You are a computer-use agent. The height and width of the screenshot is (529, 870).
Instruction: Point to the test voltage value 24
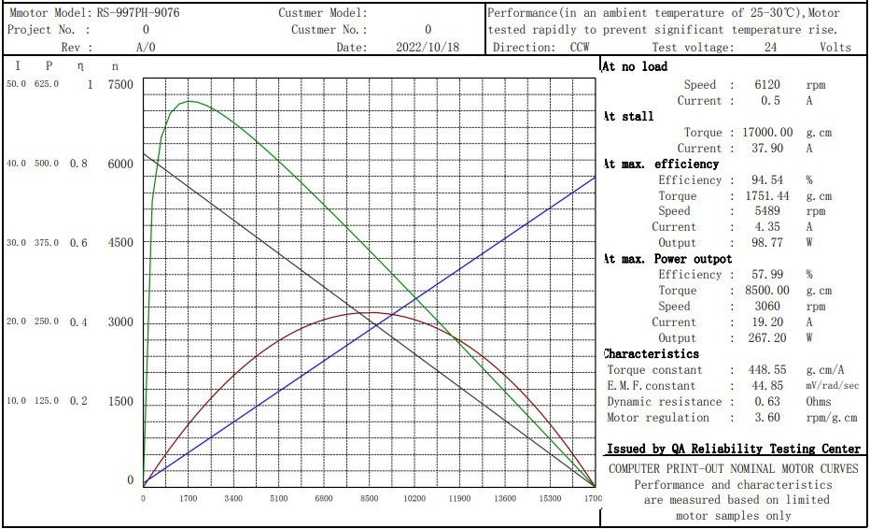pyautogui.click(x=770, y=47)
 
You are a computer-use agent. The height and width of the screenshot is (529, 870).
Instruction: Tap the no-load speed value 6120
pyautogui.click(x=767, y=85)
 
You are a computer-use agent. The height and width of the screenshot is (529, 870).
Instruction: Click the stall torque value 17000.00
pyautogui.click(x=767, y=133)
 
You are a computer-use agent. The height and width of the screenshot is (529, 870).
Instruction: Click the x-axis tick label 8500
pyautogui.click(x=369, y=499)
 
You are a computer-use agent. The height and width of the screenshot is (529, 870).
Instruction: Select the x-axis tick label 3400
pyautogui.click(x=233, y=499)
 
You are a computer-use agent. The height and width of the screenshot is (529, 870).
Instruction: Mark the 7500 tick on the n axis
pyautogui.click(x=120, y=85)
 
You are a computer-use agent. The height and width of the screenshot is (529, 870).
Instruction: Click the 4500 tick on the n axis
pyautogui.click(x=120, y=243)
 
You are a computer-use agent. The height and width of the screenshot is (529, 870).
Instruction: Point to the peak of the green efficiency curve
pyautogui.click(x=189, y=101)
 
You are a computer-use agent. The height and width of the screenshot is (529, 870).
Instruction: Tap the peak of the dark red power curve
pyautogui.click(x=371, y=312)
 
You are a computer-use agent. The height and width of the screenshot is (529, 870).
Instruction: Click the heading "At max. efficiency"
pyautogui.click(x=661, y=164)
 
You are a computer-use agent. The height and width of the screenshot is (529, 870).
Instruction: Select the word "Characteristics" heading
pyautogui.click(x=652, y=354)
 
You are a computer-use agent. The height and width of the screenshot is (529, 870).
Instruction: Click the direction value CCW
pyautogui.click(x=580, y=47)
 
